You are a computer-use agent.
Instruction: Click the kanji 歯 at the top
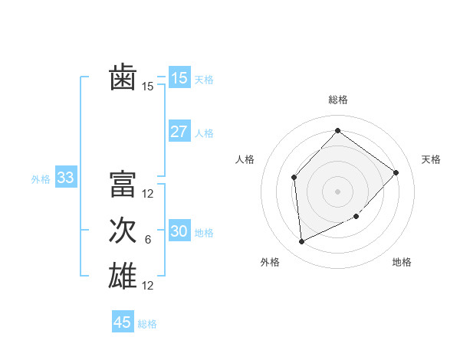123,78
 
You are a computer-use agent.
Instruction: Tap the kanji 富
123,185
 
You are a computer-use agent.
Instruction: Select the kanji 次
123,231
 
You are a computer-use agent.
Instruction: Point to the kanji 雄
123,276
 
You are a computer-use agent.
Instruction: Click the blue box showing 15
179,78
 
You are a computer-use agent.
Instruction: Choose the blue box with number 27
179,132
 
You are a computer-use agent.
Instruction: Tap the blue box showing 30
179,231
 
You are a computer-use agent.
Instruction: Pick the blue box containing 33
65,178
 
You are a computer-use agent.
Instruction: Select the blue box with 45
123,322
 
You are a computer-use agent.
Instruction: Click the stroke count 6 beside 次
148,240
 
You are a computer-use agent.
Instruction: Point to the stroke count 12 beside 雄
148,286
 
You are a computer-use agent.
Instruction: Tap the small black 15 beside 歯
148,87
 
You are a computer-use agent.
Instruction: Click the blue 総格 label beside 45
147,324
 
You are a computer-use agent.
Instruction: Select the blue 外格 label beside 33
41,179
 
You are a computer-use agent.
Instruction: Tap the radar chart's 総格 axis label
337,100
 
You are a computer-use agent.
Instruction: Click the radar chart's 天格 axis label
431,159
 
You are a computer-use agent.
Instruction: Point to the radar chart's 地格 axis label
402,262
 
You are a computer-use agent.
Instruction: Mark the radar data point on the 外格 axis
301,242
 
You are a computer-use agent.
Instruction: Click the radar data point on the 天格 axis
396,172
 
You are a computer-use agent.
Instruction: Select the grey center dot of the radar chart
337,191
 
